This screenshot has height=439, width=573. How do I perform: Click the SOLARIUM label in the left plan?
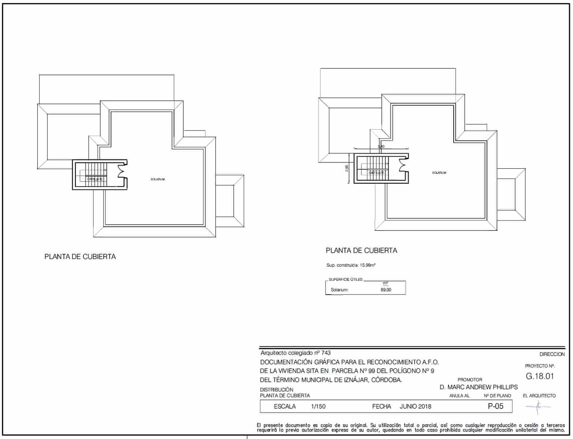(158, 179)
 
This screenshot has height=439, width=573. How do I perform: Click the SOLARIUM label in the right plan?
(439, 173)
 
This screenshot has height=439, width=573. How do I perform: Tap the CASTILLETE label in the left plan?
(94, 179)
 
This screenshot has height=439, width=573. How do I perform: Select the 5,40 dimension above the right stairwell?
(381, 147)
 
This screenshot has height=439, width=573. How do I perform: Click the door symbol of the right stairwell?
(403, 165)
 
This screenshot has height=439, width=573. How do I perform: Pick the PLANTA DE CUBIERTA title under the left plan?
(80, 257)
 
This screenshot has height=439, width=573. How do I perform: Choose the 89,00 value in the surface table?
(386, 290)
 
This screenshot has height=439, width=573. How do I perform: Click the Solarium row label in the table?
(340, 290)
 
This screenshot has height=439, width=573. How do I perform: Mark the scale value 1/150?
(318, 406)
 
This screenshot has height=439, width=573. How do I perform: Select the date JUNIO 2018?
(415, 406)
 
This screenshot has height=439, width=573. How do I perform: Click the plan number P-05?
(495, 406)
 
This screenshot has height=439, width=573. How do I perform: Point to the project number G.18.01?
(540, 376)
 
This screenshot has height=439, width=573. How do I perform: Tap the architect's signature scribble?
(538, 406)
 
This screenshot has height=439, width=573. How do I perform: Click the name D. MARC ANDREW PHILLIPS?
(479, 387)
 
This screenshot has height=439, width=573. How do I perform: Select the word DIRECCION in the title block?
(552, 354)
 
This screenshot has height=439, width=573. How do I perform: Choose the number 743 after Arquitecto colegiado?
(326, 353)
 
